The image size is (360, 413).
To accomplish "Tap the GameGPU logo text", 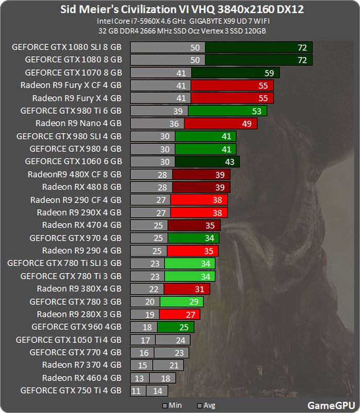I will point(329,404).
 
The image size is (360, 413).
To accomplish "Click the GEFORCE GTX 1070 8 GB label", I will point(73,73).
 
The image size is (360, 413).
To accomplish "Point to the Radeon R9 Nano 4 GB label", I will point(79,123).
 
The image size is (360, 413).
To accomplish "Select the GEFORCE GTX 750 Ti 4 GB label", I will point(71,390).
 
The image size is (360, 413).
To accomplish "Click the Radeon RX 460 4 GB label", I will point(82,378).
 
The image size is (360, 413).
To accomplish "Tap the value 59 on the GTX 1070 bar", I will point(269,73).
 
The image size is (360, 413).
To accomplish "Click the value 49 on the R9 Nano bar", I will point(247,123).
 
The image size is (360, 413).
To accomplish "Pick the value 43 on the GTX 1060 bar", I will point(229,161).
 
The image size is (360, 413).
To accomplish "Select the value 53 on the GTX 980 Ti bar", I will point(257,111).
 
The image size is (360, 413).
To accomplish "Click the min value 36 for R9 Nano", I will point(174,123).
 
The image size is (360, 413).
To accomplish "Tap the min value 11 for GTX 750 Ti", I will point(136,390).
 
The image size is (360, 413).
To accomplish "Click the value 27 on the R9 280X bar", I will point(190,314).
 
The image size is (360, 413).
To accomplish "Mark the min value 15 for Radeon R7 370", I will point(142,365).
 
